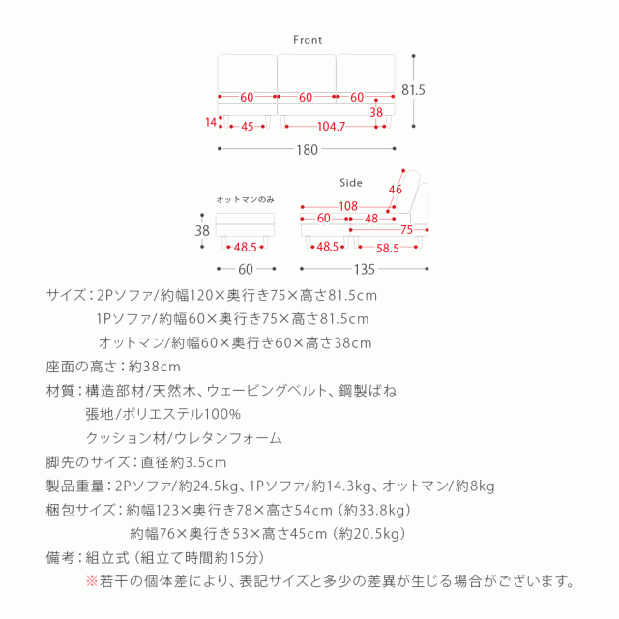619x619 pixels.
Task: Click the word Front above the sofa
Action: tap(308, 41)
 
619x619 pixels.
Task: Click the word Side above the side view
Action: tap(351, 181)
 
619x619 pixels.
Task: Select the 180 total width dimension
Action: tap(307, 149)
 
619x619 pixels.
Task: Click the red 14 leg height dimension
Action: tap(212, 122)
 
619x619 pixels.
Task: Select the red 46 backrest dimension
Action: tap(395, 190)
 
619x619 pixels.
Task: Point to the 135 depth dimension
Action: tap(365, 270)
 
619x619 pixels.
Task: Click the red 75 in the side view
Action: tap(407, 230)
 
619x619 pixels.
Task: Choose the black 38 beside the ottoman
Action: tap(202, 230)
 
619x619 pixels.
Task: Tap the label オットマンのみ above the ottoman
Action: tap(245, 199)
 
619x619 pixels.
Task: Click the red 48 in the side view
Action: tap(371, 219)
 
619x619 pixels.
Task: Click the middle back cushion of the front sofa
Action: tap(307, 74)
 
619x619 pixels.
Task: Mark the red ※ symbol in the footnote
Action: tap(93, 581)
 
